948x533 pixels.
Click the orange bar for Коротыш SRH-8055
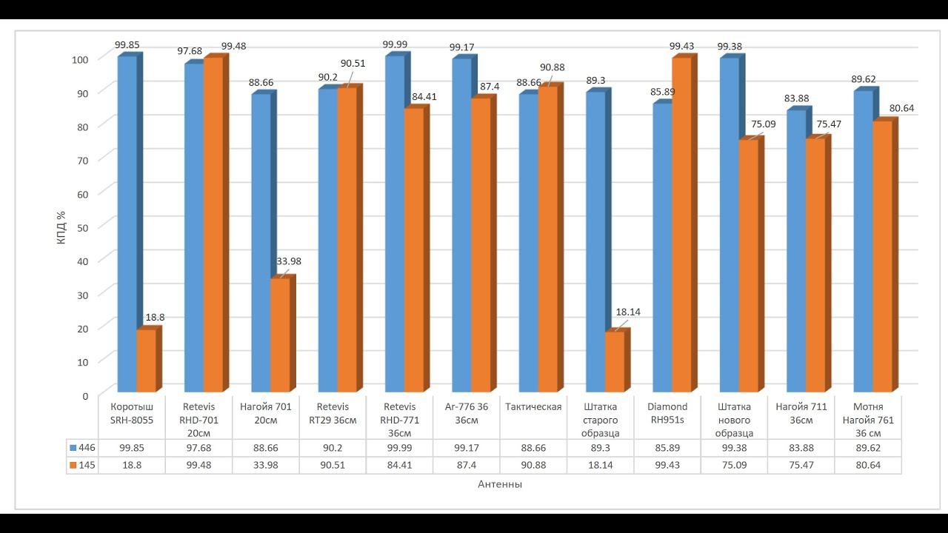pyautogui.click(x=146, y=361)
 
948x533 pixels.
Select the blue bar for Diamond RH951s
pyautogui.click(x=662, y=248)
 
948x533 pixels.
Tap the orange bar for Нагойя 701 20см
pyautogui.click(x=280, y=335)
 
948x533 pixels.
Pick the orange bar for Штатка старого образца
pyautogui.click(x=615, y=362)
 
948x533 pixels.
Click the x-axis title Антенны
pyautogui.click(x=500, y=484)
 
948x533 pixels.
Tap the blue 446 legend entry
pyautogui.click(x=84, y=447)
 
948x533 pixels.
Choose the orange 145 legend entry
pyautogui.click(x=84, y=465)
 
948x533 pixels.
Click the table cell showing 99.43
pyautogui.click(x=667, y=465)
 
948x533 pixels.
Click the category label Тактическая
pyautogui.click(x=533, y=406)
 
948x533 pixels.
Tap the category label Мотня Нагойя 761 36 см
pyautogui.click(x=868, y=420)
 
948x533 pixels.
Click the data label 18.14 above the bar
pyautogui.click(x=628, y=312)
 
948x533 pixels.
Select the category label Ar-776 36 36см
pyautogui.click(x=467, y=413)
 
